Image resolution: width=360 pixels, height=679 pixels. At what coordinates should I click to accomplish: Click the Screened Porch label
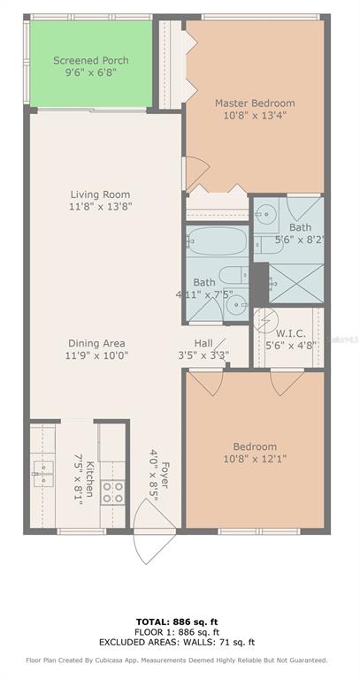(90, 60)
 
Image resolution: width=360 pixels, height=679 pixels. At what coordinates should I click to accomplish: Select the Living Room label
(101, 195)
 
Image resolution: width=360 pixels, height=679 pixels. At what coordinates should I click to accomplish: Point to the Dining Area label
(96, 343)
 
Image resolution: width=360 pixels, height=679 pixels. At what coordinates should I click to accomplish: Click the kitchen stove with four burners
(112, 492)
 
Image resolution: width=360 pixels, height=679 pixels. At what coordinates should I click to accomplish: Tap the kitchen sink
(42, 474)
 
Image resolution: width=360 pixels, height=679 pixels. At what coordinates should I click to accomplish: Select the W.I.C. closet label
(291, 333)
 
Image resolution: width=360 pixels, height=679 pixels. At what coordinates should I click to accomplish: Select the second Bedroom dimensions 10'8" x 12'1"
(255, 459)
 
